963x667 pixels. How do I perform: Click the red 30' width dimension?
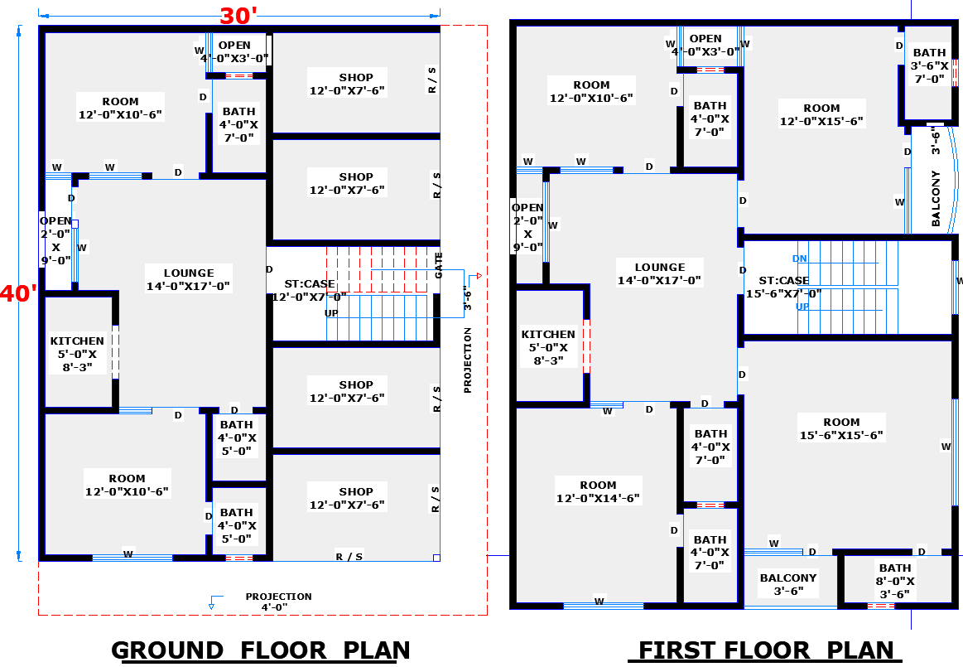coord(238,16)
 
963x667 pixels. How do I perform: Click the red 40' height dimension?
coord(18,293)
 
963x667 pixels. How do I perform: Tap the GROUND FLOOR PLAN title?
coord(260,650)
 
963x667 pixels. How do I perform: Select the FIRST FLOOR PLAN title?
coord(766,650)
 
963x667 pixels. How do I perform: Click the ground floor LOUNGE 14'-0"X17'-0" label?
coord(189,279)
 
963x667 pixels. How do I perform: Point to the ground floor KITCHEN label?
coord(77,354)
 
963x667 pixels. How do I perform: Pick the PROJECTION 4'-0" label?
coord(278,602)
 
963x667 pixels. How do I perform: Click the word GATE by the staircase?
coord(439,265)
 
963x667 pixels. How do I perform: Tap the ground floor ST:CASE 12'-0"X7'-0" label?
coord(310,290)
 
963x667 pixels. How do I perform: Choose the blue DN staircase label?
coord(800,259)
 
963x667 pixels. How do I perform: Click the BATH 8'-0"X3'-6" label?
coord(895,581)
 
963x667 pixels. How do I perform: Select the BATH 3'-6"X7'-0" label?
coord(929,65)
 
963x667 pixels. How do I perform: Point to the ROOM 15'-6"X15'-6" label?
coord(841,428)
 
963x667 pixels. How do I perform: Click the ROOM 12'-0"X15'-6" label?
coord(821,114)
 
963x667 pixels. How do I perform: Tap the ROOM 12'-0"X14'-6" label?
coord(598,491)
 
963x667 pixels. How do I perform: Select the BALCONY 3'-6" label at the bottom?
coord(788,584)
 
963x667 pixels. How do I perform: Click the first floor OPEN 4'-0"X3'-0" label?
coord(705,45)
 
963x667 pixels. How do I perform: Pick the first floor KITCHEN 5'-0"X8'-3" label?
coord(548,347)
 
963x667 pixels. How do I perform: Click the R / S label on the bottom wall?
coord(349,556)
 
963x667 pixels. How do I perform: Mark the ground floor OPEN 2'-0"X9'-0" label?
coord(55,240)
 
